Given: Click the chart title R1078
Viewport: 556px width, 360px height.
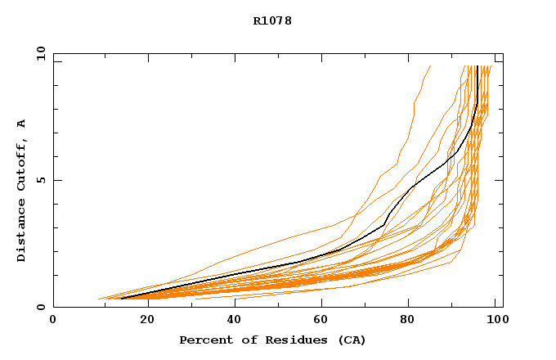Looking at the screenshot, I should click(x=272, y=21).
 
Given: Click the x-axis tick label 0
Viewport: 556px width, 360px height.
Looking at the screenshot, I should click(x=53, y=320).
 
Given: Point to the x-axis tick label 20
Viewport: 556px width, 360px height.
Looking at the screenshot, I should click(x=142, y=320).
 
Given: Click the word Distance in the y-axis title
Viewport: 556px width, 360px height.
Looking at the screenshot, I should click(x=22, y=232).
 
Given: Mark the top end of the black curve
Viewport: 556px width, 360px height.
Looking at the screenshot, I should click(x=477, y=66).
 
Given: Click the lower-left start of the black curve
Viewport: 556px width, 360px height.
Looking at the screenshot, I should click(x=121, y=299).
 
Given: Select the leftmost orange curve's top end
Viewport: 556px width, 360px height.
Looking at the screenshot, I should click(x=430, y=66).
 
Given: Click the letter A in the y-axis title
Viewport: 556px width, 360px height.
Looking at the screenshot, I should click(x=22, y=124).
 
